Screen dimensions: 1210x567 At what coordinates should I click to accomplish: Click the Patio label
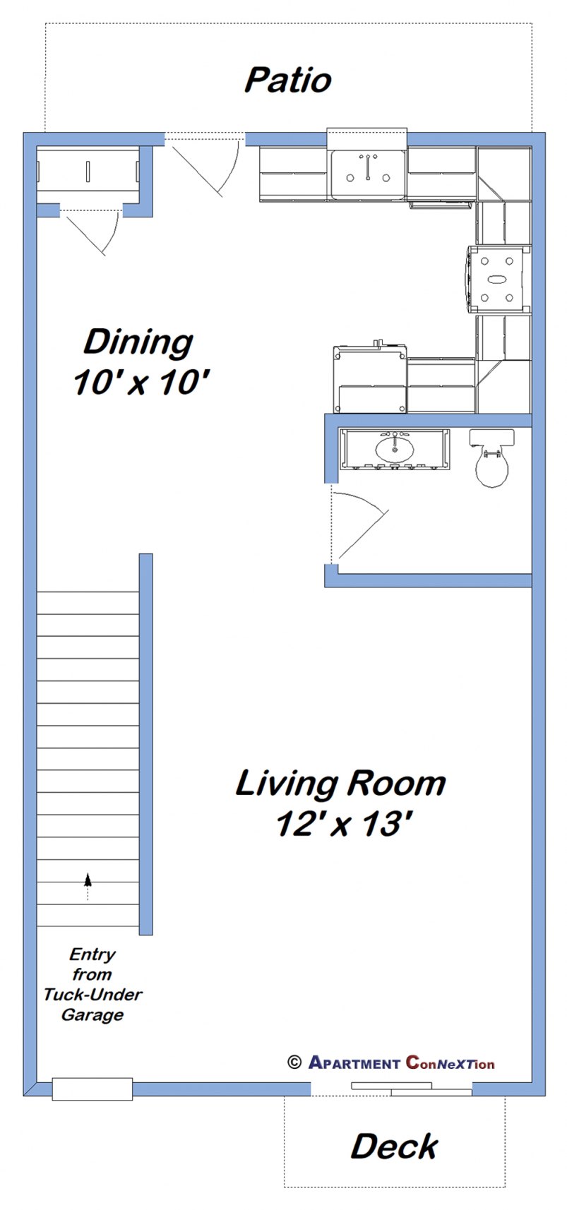287,80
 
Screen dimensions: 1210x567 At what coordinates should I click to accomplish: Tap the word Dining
138,342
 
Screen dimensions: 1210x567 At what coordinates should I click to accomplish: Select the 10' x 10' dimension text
141,383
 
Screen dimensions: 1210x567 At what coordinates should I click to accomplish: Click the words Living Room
340,784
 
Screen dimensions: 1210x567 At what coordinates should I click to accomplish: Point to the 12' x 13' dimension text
344,823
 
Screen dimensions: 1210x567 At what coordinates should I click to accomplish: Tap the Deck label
394,1146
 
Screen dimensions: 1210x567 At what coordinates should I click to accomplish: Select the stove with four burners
499,279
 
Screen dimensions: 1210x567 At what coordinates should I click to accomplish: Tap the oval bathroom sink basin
395,447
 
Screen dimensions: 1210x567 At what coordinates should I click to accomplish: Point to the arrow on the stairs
88,881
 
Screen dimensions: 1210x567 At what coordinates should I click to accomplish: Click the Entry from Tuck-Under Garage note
92,984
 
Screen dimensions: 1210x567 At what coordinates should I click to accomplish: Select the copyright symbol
294,1062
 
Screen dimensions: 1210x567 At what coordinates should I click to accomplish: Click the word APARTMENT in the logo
354,1062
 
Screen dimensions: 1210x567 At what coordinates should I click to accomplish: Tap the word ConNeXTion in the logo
450,1062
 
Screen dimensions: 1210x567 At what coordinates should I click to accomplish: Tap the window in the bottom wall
92,1088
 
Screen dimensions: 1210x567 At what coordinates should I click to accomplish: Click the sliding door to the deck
411,1088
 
